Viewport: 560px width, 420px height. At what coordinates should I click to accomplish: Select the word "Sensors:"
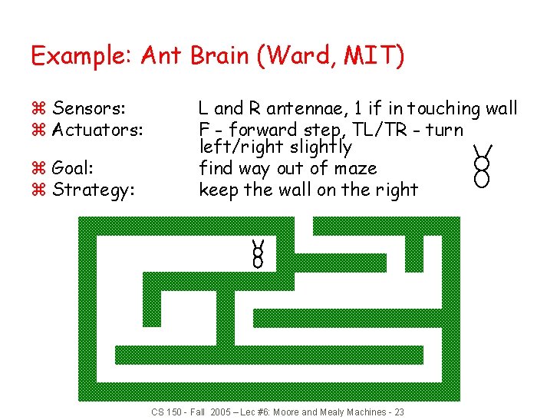pos(90,109)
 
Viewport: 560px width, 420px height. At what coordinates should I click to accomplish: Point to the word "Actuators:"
pos(97,130)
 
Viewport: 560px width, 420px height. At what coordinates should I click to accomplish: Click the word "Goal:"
pos(73,168)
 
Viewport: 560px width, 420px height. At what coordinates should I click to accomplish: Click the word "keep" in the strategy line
pos(219,189)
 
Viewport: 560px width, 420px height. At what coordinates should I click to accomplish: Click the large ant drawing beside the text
pos(482,167)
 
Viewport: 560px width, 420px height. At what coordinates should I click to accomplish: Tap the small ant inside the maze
pos(258,253)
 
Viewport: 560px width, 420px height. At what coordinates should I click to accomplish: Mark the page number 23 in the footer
pos(399,412)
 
